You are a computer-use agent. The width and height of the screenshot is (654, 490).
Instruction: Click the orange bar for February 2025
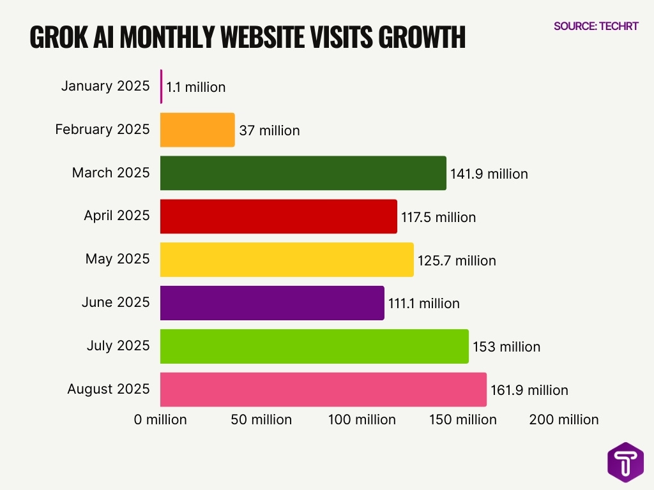(197, 130)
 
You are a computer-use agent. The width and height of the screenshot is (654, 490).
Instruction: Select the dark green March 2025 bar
(303, 173)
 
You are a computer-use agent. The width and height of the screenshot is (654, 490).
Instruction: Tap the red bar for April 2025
(278, 216)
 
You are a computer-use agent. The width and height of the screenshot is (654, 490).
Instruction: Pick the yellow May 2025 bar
(287, 260)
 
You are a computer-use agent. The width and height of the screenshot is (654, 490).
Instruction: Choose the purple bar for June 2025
(272, 303)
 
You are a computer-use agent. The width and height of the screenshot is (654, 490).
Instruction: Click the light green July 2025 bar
(314, 346)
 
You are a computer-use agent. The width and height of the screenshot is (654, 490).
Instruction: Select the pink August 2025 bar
(323, 389)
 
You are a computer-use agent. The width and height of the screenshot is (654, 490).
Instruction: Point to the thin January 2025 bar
(162, 87)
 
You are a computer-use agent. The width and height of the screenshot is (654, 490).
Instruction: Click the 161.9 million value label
(529, 390)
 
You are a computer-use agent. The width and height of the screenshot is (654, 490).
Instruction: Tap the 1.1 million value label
(196, 87)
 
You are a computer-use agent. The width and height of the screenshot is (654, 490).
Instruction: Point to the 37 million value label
(269, 131)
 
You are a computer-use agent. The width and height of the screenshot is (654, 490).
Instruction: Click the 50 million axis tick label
(261, 420)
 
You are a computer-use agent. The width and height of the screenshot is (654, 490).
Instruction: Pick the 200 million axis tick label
(564, 420)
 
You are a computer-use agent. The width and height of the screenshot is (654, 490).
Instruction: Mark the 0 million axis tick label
(160, 420)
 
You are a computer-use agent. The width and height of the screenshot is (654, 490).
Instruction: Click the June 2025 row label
(116, 302)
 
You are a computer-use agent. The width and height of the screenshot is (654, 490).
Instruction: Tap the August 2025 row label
(109, 389)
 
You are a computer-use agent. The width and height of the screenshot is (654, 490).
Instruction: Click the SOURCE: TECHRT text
(596, 26)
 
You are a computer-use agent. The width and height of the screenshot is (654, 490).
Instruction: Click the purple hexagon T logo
(625, 463)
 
